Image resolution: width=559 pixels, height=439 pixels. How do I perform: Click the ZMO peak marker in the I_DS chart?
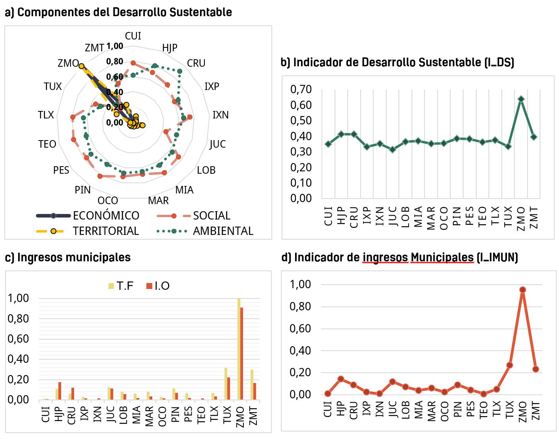click(x=521, y=99)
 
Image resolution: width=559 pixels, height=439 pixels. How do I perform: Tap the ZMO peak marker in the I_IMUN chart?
click(x=523, y=290)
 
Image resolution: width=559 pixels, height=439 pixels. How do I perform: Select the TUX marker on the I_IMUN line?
click(x=510, y=365)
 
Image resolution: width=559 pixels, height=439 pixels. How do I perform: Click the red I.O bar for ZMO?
click(x=242, y=353)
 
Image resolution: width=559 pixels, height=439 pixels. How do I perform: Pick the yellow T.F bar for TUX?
click(x=226, y=383)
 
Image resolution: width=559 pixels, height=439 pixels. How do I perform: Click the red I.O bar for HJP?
click(x=60, y=391)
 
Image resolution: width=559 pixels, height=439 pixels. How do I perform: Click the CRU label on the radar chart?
click(x=196, y=63)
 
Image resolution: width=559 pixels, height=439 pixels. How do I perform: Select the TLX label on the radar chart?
click(x=46, y=115)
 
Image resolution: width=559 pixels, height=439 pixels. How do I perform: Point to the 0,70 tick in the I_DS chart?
click(x=301, y=89)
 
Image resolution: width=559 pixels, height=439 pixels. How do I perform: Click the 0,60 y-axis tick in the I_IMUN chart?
click(x=300, y=328)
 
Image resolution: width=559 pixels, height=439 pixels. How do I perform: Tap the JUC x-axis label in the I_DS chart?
click(x=393, y=216)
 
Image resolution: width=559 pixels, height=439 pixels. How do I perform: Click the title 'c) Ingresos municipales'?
click(x=68, y=257)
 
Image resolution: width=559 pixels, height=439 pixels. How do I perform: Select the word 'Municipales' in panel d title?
click(x=442, y=257)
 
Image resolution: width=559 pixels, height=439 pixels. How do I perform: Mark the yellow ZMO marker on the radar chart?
click(x=81, y=66)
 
